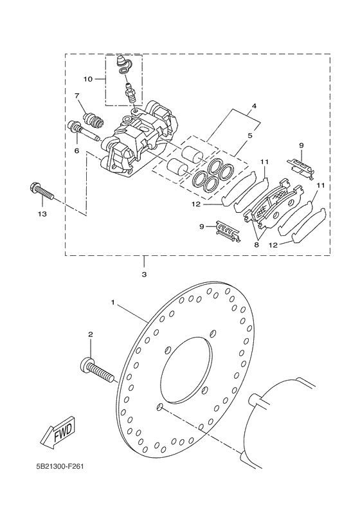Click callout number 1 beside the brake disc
pyautogui.click(x=113, y=302)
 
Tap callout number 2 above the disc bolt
pyautogui.click(x=91, y=334)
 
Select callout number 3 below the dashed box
pyautogui.click(x=144, y=275)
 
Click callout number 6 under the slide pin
pyautogui.click(x=76, y=150)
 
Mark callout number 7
pyautogui.click(x=76, y=96)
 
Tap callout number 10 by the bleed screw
pyautogui.click(x=88, y=79)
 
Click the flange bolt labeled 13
pyautogui.click(x=40, y=191)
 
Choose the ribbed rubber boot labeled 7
pyautogui.click(x=94, y=119)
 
